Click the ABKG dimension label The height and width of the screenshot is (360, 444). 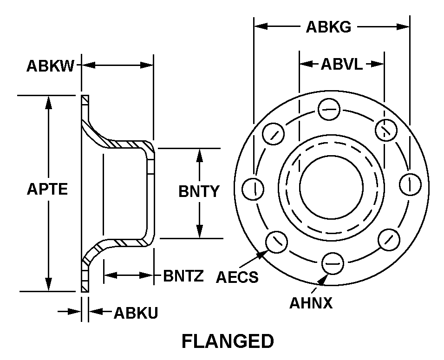[x=328, y=27]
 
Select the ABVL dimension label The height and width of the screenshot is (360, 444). [x=341, y=65]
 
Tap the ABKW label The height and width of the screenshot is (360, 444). [x=50, y=66]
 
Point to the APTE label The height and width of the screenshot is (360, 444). [x=47, y=190]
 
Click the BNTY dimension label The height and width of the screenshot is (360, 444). [x=199, y=191]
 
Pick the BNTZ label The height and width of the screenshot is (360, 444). [x=183, y=276]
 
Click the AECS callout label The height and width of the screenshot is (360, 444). [x=237, y=277]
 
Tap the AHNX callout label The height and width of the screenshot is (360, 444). [x=311, y=303]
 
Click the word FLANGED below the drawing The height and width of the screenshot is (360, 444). [x=228, y=341]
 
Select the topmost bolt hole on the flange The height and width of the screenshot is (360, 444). [x=330, y=110]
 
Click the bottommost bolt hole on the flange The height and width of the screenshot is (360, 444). [x=333, y=262]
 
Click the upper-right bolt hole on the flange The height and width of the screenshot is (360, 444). [x=385, y=129]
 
